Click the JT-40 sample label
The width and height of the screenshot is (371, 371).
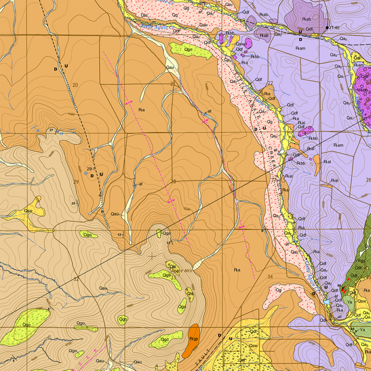(335, 28)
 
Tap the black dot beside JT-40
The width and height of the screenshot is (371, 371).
(328, 28)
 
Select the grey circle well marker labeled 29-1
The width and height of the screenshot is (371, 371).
(86, 174)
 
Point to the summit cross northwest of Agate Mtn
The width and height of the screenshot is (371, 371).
(151, 256)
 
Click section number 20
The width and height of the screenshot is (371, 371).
(75, 85)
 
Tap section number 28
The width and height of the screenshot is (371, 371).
(173, 182)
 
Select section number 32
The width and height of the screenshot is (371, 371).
(76, 279)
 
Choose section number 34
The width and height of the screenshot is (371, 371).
(270, 277)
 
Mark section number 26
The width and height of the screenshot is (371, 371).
(368, 180)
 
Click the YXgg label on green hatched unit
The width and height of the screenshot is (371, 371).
(360, 260)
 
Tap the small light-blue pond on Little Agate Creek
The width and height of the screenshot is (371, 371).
(327, 301)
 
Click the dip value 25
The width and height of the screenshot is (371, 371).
(74, 203)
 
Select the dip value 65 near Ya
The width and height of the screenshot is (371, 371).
(352, 329)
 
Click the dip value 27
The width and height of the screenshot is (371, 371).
(51, 130)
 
